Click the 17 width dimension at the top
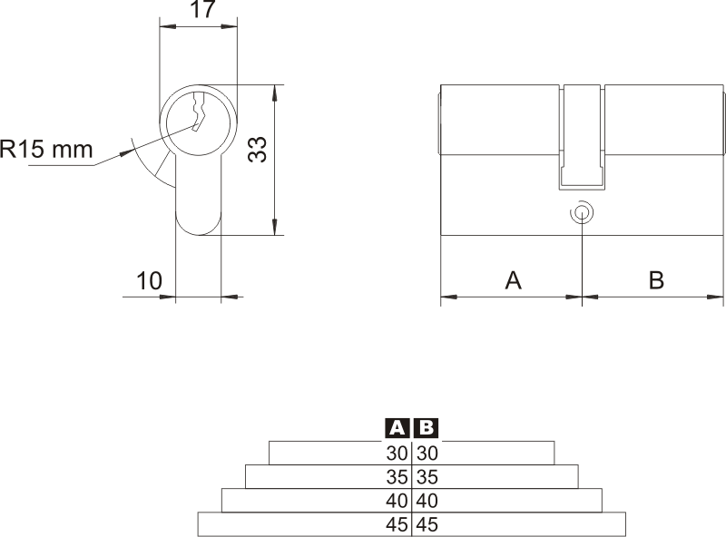click(203, 9)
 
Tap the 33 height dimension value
click(258, 149)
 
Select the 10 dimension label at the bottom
click(149, 280)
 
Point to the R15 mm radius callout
click(46, 150)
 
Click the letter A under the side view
click(513, 280)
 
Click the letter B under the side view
click(656, 280)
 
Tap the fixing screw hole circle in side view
click(582, 213)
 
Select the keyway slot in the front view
click(199, 112)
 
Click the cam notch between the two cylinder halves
click(582, 137)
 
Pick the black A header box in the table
click(397, 428)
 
